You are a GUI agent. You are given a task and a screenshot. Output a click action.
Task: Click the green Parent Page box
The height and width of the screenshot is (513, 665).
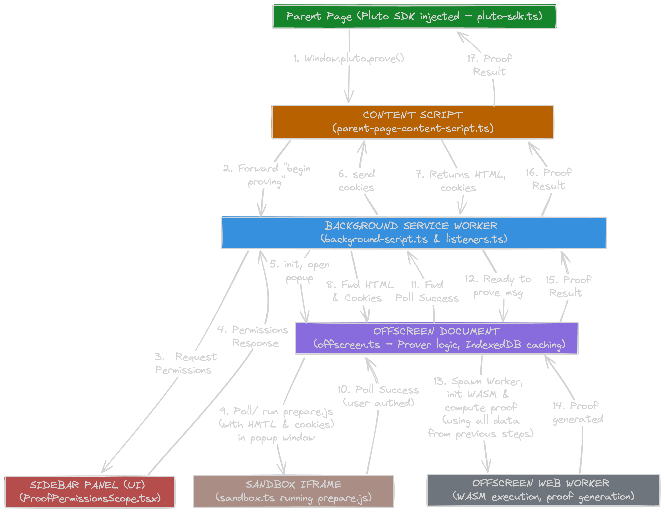pos(414,17)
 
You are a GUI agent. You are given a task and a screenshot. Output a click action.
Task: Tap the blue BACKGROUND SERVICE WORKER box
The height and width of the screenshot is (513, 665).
pos(413,233)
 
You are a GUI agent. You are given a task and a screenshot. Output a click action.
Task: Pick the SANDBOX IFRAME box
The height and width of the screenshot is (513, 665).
pos(293,491)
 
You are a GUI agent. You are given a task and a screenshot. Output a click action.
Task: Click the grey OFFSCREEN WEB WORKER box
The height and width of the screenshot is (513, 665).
pos(543,490)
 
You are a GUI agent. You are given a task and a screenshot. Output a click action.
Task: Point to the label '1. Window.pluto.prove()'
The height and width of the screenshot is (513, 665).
pos(348,58)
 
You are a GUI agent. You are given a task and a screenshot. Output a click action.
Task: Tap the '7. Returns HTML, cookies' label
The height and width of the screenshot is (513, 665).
pos(460,181)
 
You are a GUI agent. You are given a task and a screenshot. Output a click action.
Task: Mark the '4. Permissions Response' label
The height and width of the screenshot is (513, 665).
pos(253,336)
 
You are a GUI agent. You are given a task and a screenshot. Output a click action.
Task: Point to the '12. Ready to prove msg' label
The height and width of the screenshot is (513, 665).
pos(498,286)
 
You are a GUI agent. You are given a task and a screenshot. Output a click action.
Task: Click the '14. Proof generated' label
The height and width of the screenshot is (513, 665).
pos(577,412)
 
